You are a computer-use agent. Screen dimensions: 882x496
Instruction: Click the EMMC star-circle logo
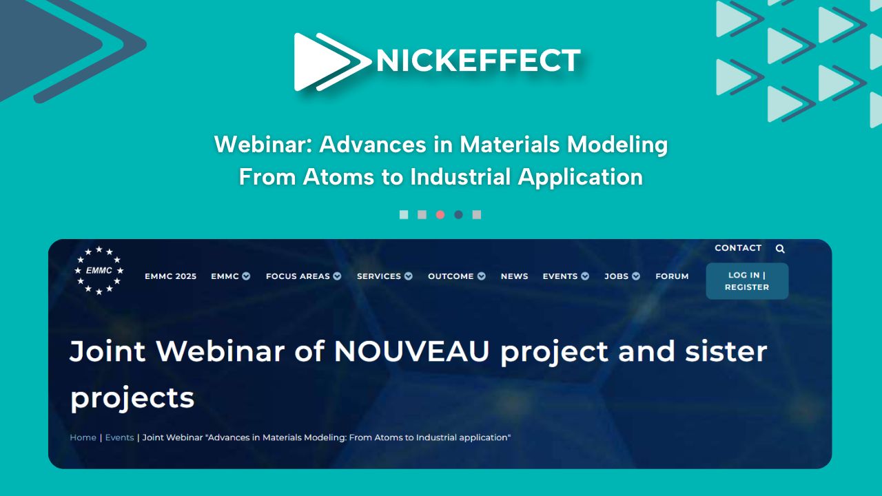tap(99, 271)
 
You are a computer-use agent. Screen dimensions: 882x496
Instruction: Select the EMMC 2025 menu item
tap(170, 276)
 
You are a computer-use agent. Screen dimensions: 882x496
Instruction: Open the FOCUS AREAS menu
tap(304, 276)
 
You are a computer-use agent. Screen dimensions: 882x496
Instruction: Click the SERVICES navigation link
tap(384, 276)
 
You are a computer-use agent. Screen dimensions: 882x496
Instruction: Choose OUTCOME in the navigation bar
tap(457, 276)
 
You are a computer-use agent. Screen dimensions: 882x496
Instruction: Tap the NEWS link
tap(514, 276)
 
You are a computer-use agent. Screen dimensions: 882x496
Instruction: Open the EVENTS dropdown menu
tap(566, 276)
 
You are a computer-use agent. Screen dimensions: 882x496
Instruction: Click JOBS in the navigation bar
tap(622, 276)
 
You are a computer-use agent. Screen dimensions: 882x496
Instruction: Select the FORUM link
tap(672, 276)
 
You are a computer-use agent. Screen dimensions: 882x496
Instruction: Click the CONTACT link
tap(738, 248)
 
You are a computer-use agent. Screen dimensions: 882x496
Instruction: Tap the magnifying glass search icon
tap(780, 249)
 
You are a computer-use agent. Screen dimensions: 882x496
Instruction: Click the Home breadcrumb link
tap(83, 437)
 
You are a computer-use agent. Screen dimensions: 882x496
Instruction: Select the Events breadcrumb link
tap(120, 437)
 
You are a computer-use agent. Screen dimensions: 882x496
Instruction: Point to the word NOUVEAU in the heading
tap(411, 351)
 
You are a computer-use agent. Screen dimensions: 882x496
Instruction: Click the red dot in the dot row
tap(440, 214)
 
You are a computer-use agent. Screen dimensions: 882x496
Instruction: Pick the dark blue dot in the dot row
tap(458, 214)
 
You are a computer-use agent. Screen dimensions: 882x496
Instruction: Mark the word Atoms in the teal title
tap(338, 177)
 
